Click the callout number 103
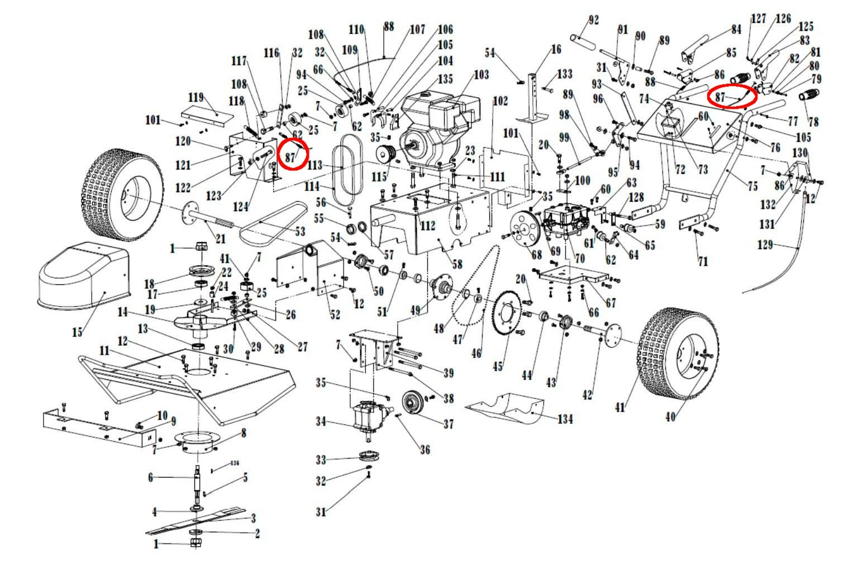click(x=481, y=74)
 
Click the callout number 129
click(x=765, y=244)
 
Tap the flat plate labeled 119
click(x=207, y=114)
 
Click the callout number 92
click(x=593, y=21)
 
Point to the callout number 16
click(x=556, y=50)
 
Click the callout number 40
click(x=670, y=416)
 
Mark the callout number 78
click(x=813, y=121)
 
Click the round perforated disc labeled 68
click(x=524, y=231)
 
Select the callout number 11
click(x=104, y=351)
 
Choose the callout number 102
click(x=500, y=101)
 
